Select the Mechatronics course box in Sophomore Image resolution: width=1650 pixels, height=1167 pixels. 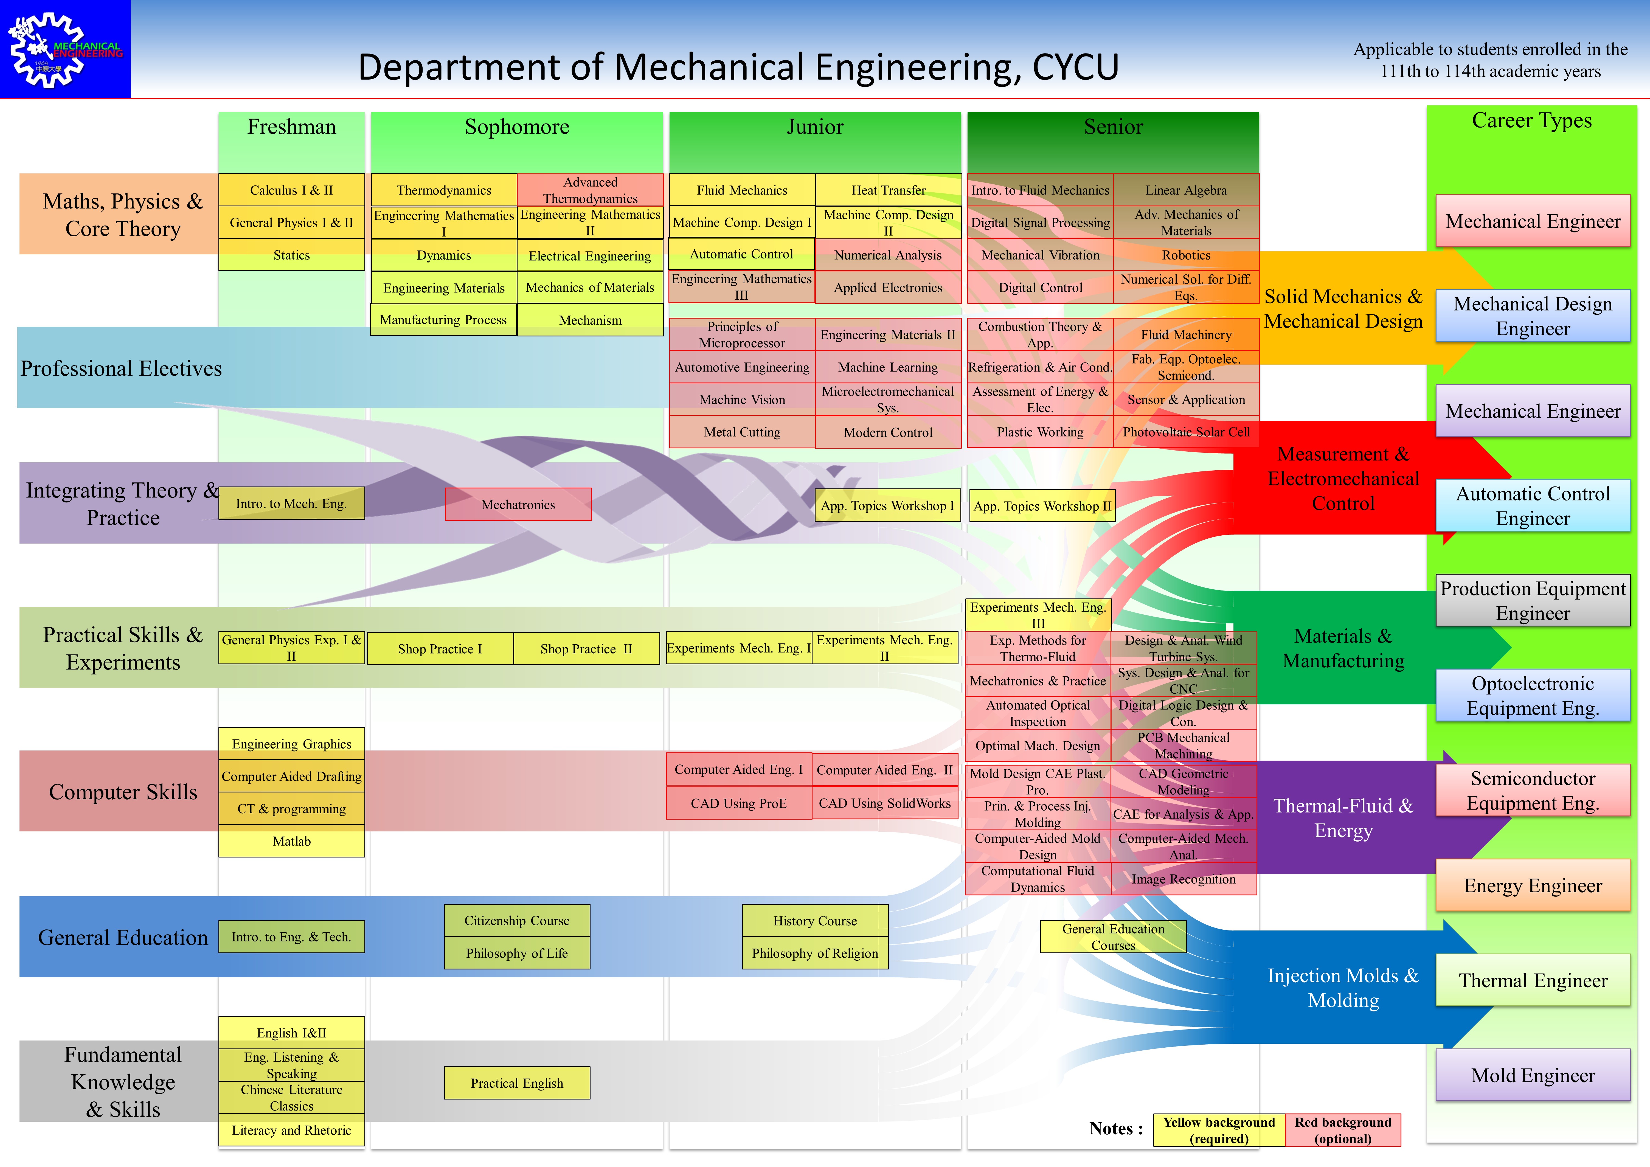click(x=518, y=504)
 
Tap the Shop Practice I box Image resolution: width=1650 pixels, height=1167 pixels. click(x=440, y=649)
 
